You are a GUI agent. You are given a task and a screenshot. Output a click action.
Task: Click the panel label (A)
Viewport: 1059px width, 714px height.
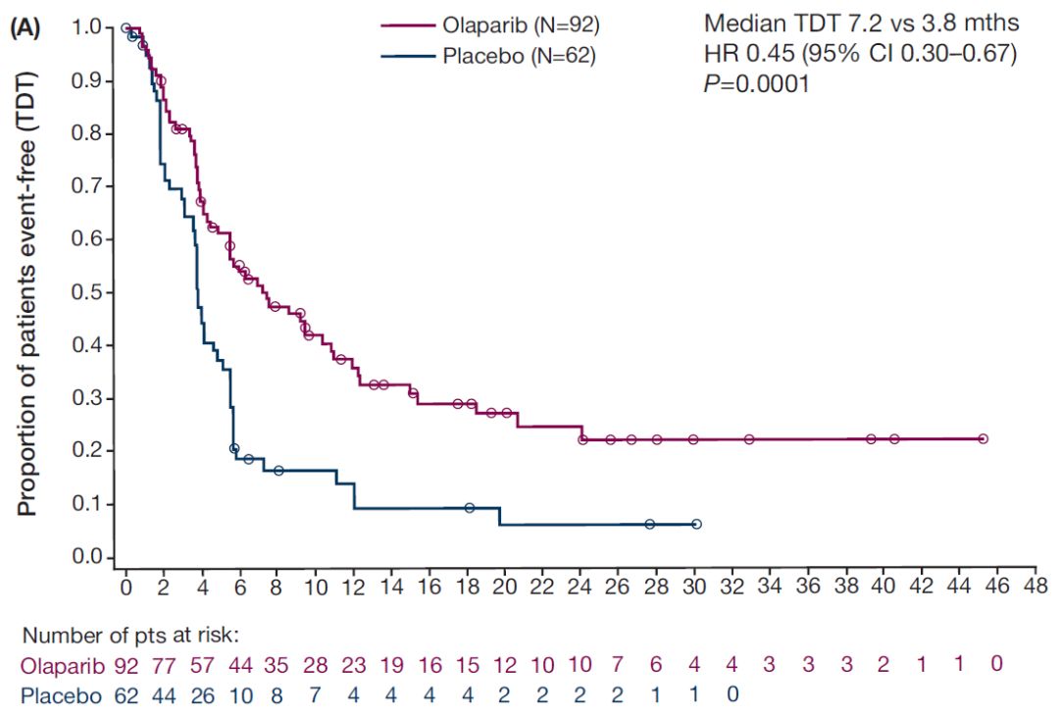pos(26,28)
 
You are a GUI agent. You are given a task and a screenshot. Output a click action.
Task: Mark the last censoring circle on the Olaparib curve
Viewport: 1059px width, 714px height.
pos(983,439)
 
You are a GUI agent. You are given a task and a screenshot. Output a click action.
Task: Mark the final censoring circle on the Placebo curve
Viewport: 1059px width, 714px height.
pos(696,525)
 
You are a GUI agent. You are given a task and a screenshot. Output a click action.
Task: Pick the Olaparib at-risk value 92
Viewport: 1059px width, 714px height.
pos(127,665)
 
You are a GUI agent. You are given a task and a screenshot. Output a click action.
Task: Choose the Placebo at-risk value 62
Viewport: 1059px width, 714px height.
pos(127,696)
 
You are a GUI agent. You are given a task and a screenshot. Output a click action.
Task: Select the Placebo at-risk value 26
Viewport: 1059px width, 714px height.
pos(203,696)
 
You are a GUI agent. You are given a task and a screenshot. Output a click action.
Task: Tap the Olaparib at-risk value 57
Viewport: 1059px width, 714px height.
pos(203,665)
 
